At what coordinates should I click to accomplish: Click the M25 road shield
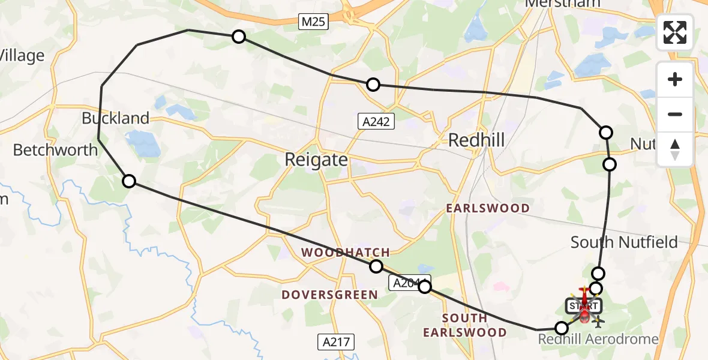(314, 23)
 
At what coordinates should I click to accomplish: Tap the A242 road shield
(376, 122)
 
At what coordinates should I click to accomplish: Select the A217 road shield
(336, 342)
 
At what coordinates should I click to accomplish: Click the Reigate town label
(317, 160)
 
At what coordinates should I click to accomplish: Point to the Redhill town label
(476, 140)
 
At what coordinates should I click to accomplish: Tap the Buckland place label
(115, 118)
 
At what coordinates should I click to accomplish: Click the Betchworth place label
(55, 149)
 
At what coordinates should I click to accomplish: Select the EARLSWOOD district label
(488, 208)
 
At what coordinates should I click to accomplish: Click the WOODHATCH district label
(346, 253)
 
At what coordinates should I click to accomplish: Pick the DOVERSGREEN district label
(329, 295)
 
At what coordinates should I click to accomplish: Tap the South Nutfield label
(624, 242)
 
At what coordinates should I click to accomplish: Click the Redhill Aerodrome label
(598, 340)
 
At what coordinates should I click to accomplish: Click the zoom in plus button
(675, 79)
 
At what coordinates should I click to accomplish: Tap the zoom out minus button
(675, 114)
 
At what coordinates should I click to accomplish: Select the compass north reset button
(675, 149)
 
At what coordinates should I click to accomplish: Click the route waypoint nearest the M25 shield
(239, 37)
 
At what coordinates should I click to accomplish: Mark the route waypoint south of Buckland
(129, 181)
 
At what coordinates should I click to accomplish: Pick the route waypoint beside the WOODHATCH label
(376, 266)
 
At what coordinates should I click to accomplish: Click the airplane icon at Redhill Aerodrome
(598, 322)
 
